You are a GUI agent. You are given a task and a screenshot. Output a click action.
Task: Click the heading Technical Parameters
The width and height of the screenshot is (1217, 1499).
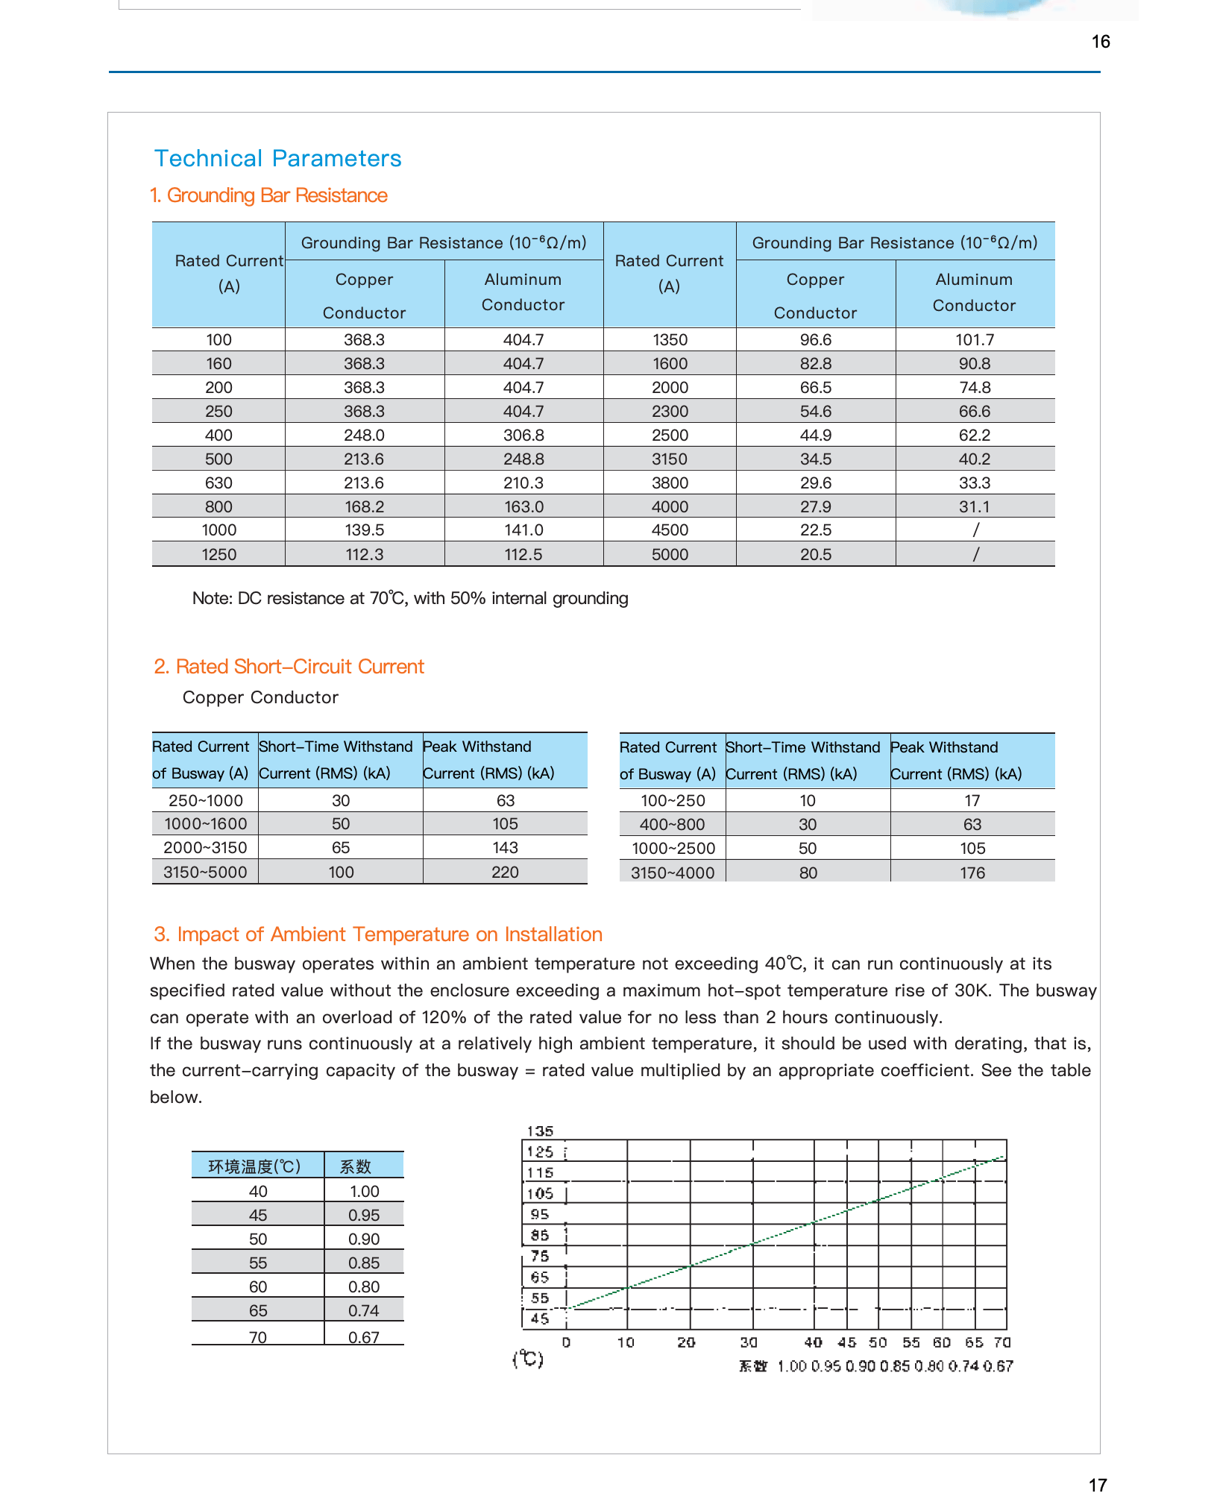coord(277,159)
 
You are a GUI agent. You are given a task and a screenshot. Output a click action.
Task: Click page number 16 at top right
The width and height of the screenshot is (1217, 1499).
coord(1101,42)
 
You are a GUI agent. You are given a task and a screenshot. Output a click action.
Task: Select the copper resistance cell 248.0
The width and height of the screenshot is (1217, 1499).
coord(364,435)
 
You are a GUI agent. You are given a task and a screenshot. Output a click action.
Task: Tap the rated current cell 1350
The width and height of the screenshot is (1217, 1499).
coord(670,340)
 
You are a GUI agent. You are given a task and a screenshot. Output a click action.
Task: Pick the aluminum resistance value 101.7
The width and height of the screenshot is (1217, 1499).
coord(975,340)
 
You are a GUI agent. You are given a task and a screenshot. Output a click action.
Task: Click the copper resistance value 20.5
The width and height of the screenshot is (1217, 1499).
coord(815,554)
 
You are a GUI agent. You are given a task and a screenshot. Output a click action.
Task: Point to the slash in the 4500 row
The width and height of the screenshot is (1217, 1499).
coord(975,530)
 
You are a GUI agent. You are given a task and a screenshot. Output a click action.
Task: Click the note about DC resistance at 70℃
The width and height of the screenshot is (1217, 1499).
coord(410,598)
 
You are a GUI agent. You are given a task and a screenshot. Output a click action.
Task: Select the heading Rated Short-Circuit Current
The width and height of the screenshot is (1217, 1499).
coord(289,667)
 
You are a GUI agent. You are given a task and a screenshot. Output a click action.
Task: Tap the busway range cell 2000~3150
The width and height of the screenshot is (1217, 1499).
coord(205,848)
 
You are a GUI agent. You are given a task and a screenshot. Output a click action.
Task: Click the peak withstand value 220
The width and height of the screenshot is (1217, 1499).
coord(505,872)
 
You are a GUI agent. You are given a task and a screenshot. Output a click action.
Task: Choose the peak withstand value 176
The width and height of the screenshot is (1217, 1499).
coord(972,873)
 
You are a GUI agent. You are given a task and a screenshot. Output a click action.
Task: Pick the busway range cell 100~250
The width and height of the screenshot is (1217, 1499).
coord(673,801)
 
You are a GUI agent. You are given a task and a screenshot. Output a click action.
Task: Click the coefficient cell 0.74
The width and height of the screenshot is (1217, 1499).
coord(364,1310)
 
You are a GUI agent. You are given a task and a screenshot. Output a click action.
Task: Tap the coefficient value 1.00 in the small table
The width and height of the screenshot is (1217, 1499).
coord(364,1192)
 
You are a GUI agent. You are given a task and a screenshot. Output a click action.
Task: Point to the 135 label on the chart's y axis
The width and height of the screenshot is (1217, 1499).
coord(540,1131)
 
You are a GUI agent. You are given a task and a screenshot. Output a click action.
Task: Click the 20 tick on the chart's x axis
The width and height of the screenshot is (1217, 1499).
coord(686,1342)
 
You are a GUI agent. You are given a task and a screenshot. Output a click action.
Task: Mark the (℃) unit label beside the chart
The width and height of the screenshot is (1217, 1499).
coord(528,1359)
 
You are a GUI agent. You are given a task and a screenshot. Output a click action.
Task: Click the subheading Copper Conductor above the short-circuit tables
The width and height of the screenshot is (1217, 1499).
coord(260,697)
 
